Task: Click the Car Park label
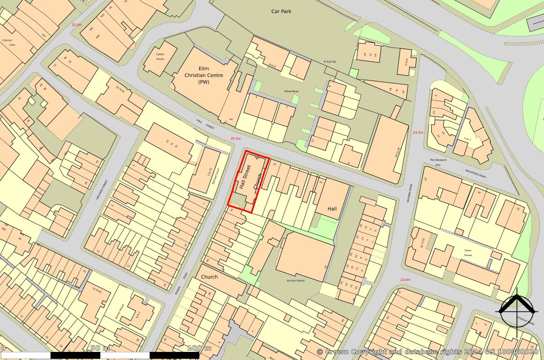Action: coord(281,11)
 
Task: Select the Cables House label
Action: coord(161,56)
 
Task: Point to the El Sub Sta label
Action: coord(330,61)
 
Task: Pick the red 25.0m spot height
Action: coord(236,139)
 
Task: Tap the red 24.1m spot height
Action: coord(418,132)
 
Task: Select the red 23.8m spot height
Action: coord(405,279)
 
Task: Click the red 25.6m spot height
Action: coord(77,25)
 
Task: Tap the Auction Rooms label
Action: coord(296,280)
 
